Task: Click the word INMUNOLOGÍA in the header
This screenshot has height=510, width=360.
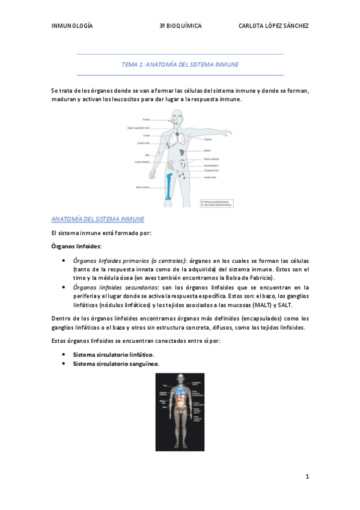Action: click(x=72, y=26)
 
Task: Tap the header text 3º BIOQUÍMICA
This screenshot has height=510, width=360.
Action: click(x=180, y=26)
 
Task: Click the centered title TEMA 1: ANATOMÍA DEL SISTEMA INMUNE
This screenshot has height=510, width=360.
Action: click(x=180, y=63)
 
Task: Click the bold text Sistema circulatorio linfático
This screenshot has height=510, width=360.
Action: click(x=113, y=355)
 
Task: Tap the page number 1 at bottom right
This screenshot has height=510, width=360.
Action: click(x=307, y=477)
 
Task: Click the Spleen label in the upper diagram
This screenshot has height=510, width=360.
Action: click(x=207, y=150)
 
